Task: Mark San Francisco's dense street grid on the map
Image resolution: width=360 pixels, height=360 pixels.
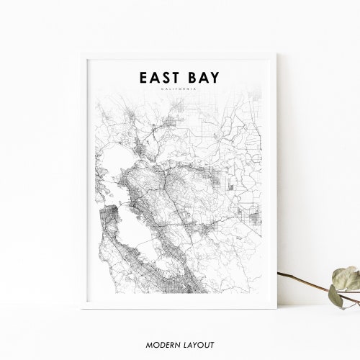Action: [x=108, y=209]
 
